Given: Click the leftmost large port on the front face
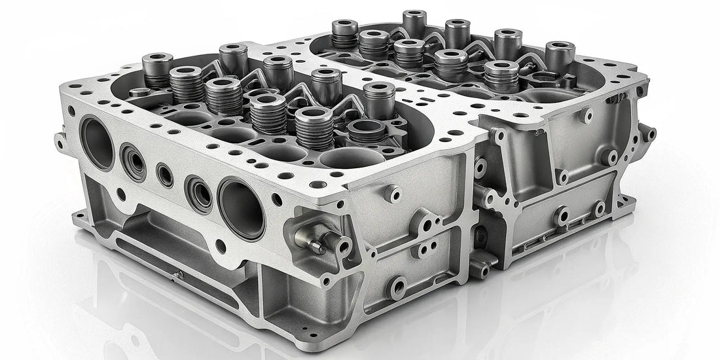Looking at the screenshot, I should (x=97, y=143).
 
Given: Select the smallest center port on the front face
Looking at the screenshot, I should (x=165, y=175).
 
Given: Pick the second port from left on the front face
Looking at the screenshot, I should (x=133, y=160).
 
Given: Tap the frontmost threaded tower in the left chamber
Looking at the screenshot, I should (x=314, y=128).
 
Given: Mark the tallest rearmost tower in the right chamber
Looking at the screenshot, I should (x=414, y=23).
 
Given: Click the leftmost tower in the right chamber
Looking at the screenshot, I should (x=344, y=34).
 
